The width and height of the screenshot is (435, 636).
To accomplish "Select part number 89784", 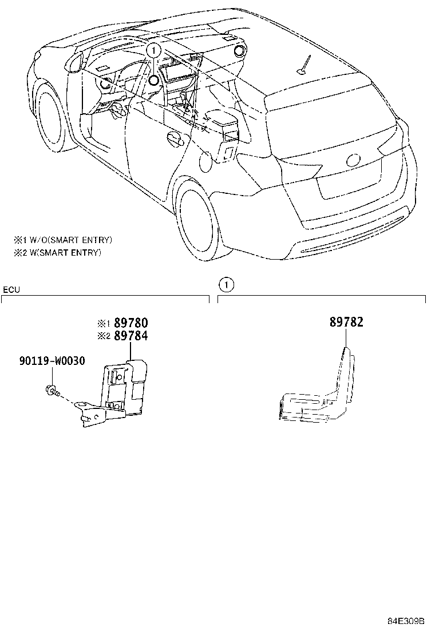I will [132, 336].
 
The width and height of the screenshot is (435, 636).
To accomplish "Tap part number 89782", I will [346, 323].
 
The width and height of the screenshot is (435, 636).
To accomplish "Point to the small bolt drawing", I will [50, 390].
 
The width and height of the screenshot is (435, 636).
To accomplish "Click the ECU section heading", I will [11, 290].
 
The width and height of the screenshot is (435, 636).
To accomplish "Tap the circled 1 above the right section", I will [226, 283].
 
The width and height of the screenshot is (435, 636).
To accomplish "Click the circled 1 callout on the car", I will [153, 50].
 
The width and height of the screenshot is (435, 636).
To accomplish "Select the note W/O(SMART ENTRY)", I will [63, 240].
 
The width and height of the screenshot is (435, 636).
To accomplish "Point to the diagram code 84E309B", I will [405, 621].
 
